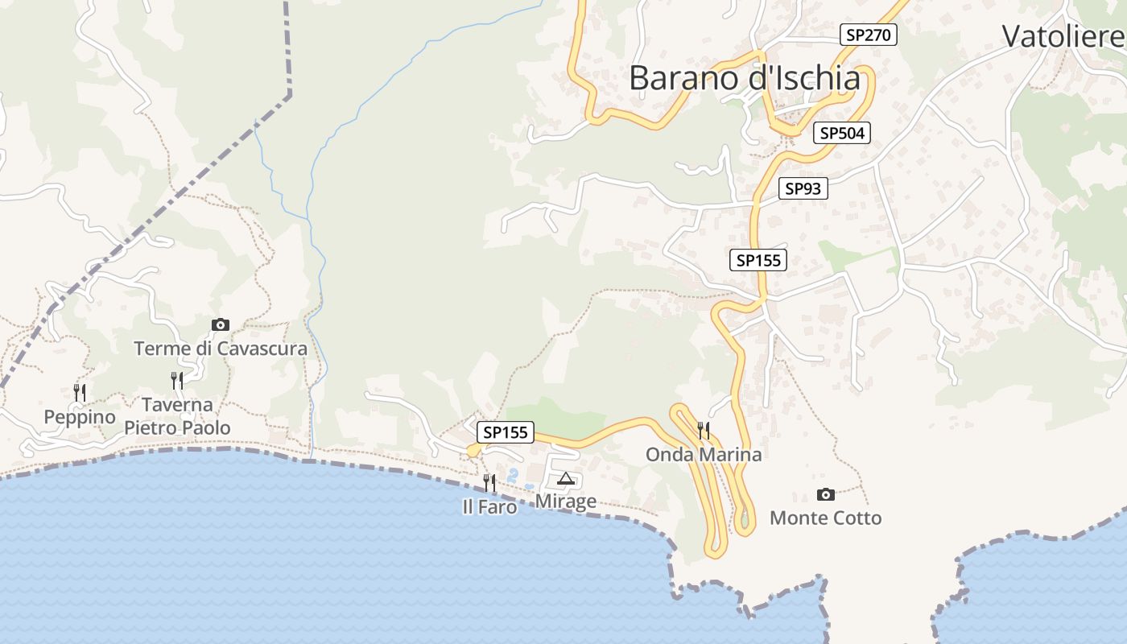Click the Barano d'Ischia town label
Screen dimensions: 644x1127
(744, 78)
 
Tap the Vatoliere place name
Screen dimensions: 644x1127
(1063, 36)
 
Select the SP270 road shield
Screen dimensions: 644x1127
(868, 35)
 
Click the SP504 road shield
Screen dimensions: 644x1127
(842, 133)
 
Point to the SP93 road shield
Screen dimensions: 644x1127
(803, 188)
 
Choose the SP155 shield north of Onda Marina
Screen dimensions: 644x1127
(758, 260)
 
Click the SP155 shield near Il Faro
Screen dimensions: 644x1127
(505, 432)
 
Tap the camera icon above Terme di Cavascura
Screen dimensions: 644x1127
(220, 324)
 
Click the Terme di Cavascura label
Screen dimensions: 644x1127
(221, 349)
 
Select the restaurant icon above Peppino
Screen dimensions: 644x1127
(80, 392)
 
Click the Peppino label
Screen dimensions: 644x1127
(80, 417)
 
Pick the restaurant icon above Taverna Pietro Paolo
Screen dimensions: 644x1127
(177, 380)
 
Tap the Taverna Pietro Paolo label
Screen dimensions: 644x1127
(177, 415)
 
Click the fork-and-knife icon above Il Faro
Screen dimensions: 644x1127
(489, 482)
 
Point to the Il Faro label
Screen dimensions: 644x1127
(489, 507)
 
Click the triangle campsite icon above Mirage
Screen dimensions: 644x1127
(566, 479)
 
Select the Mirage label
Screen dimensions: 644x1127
(566, 502)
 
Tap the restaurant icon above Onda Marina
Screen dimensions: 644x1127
(704, 430)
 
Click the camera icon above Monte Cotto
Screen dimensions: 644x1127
(825, 494)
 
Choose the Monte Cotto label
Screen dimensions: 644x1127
(825, 518)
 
